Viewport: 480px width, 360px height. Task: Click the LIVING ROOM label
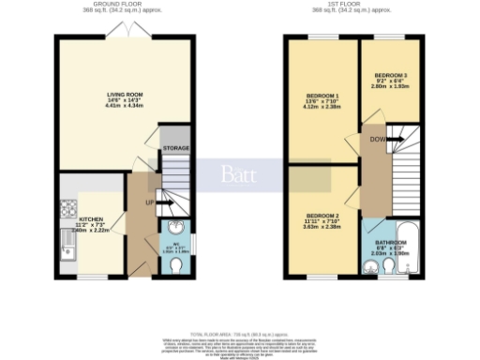click(x=124, y=94)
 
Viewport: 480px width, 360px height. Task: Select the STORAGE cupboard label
click(x=175, y=148)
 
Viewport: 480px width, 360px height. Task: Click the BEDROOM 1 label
click(x=322, y=96)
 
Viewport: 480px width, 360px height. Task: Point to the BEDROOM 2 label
click(x=322, y=217)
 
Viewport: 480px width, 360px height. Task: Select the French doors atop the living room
click(x=124, y=33)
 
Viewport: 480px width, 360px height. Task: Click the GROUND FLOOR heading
click(x=124, y=5)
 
